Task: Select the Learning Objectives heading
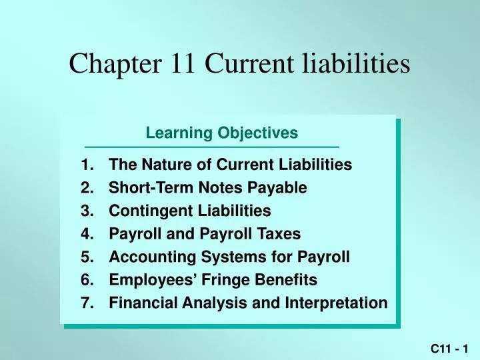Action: pyautogui.click(x=221, y=133)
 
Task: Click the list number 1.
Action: pyautogui.click(x=85, y=164)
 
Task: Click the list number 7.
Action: pyautogui.click(x=85, y=303)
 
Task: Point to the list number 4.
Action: pyautogui.click(x=85, y=234)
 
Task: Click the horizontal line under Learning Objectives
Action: pyautogui.click(x=212, y=147)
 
